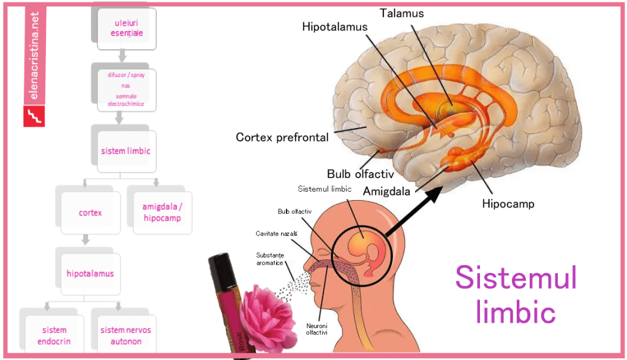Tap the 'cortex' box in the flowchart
[90, 213]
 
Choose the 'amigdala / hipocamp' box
[157, 212]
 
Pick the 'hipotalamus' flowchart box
[90, 273]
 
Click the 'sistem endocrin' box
[54, 336]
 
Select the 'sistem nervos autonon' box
[126, 336]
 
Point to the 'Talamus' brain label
[401, 13]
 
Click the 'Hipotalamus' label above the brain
[334, 27]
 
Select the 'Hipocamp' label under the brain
[508, 204]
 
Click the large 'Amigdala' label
[387, 191]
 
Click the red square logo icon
[34, 116]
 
